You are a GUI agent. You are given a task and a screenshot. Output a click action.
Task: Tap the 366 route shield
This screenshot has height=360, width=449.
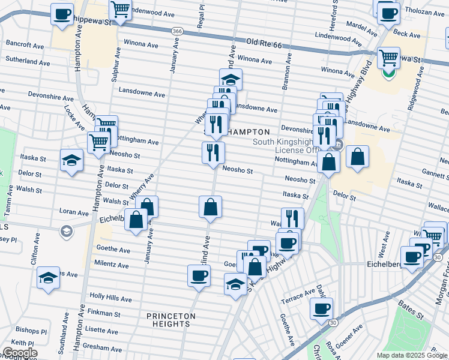pyautogui.click(x=176, y=31)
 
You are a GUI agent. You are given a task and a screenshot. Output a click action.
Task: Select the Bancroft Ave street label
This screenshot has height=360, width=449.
pyautogui.click(x=25, y=45)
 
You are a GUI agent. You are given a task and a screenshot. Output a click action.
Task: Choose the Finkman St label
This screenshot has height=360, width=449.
pyautogui.click(x=104, y=313)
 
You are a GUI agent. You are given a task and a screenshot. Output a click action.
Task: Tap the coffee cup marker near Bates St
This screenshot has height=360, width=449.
pyautogui.click(x=321, y=308)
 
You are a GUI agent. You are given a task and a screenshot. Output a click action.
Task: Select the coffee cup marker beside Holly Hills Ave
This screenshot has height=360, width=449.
pyautogui.click(x=199, y=276)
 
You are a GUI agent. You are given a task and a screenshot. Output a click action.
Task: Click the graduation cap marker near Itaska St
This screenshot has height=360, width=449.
pyautogui.click(x=71, y=160)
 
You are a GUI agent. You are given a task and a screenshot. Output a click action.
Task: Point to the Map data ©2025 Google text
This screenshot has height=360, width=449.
pyautogui.click(x=412, y=355)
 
